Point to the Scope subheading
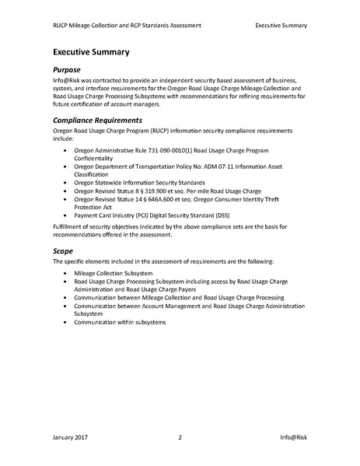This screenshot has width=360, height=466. [64, 251]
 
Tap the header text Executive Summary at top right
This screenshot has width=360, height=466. [281, 25]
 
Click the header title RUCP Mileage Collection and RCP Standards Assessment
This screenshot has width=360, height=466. [128, 25]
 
